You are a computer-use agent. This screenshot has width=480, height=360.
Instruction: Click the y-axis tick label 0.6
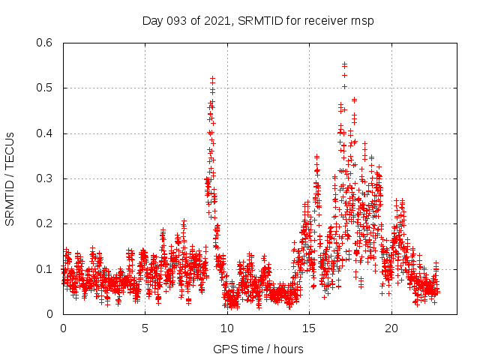46,43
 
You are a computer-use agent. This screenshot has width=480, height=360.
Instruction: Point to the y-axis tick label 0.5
46,88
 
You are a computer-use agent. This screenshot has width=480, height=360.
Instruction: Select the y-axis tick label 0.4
46,133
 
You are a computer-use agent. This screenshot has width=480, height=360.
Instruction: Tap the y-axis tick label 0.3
46,178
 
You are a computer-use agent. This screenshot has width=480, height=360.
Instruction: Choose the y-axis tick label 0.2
46,223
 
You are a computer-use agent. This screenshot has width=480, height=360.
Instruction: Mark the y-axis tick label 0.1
46,268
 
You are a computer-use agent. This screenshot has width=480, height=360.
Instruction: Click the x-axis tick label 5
145,328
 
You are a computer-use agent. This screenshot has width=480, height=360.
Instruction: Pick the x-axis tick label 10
227,328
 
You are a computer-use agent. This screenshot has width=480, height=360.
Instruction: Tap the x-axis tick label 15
309,328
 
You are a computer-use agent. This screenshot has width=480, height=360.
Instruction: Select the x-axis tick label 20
391,328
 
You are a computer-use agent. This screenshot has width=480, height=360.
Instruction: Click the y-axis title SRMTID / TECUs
10,178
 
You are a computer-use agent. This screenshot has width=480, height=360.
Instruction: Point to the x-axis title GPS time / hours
258,349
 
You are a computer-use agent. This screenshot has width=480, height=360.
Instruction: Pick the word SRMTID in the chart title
259,20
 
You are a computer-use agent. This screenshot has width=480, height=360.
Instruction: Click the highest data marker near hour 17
344,64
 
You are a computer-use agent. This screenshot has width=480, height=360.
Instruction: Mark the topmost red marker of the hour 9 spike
212,78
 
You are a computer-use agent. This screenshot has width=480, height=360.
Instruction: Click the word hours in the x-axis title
288,349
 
